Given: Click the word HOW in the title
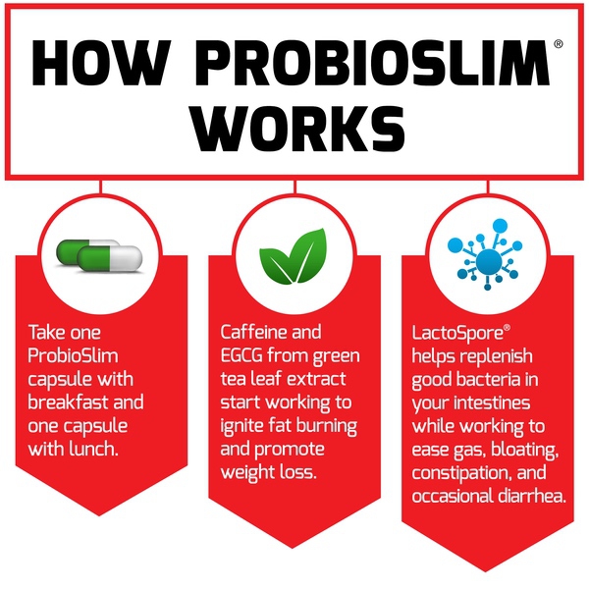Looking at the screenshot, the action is pyautogui.click(x=101, y=63).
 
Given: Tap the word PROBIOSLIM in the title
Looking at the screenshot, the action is pyautogui.click(x=373, y=63).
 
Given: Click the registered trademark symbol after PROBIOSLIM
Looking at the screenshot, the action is pyautogui.click(x=559, y=44).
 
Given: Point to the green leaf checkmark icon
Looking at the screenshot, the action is pyautogui.click(x=294, y=256).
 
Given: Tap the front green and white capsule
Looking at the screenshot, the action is pyautogui.click(x=110, y=258).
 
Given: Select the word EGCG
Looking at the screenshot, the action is pyautogui.click(x=241, y=355).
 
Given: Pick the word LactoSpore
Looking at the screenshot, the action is pyautogui.click(x=457, y=333).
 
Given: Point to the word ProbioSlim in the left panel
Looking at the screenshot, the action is pyautogui.click(x=73, y=355).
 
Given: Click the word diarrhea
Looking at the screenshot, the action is pyautogui.click(x=532, y=496).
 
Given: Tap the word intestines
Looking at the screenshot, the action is pyautogui.click(x=492, y=403).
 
